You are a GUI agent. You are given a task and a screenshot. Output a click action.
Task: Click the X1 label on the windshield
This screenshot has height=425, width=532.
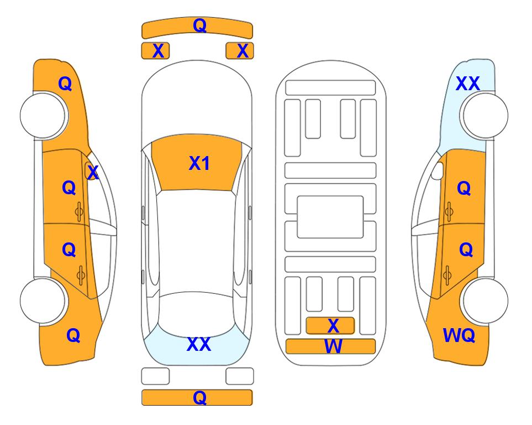[x=199, y=163]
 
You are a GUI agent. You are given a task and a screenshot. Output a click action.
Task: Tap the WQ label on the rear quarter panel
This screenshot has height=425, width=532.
[x=459, y=335]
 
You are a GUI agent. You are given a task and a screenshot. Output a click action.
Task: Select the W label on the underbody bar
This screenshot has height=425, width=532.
[x=333, y=346]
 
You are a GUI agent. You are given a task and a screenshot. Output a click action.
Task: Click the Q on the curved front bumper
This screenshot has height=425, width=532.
[x=199, y=25]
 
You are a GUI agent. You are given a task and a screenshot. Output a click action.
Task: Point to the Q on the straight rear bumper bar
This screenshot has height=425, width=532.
[x=199, y=397]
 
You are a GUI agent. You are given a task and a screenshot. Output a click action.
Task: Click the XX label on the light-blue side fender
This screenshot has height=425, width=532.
[x=467, y=84]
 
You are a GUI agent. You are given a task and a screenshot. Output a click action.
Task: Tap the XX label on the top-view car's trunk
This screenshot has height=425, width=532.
[x=199, y=344]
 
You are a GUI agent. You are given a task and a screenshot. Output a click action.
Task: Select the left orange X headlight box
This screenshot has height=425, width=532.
[x=155, y=51]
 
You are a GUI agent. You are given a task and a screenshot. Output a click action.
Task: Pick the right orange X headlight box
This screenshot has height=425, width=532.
[x=240, y=51]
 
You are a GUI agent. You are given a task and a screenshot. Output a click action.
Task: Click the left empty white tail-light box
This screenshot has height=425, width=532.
[x=155, y=376]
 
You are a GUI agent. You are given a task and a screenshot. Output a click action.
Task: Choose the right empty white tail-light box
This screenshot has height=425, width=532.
[x=240, y=376]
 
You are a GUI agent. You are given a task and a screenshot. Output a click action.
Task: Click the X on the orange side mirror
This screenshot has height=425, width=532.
[x=93, y=172]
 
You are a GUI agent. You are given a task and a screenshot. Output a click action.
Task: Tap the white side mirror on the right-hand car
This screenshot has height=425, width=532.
[x=438, y=170]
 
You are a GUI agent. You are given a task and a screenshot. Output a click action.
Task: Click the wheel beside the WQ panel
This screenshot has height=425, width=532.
[x=484, y=300]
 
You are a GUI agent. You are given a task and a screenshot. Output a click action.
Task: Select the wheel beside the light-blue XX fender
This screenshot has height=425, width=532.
[x=484, y=116]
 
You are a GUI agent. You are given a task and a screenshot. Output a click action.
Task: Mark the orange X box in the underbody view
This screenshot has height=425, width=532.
[x=330, y=326]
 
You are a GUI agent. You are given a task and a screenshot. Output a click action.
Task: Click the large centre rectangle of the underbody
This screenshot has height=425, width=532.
[x=330, y=217]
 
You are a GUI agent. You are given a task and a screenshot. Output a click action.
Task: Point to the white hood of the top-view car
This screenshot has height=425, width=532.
[x=197, y=102]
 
